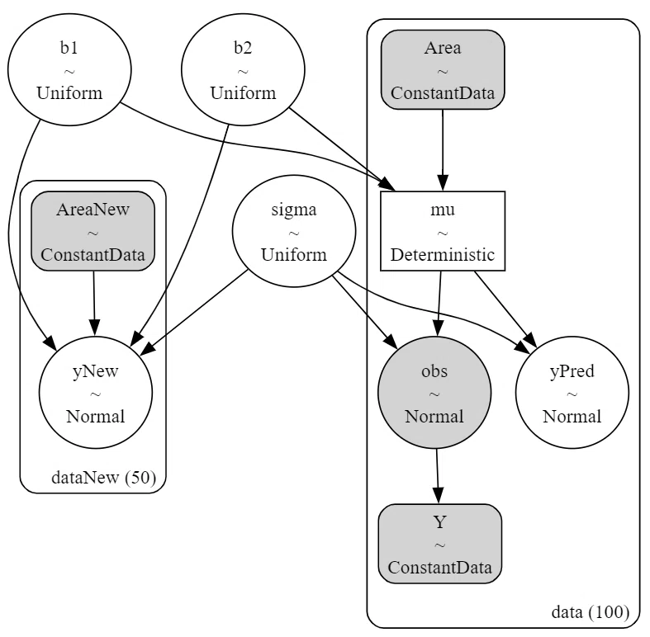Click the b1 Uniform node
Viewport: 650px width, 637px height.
(x=69, y=69)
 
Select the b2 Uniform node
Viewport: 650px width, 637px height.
(x=243, y=69)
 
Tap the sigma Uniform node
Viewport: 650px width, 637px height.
(x=294, y=231)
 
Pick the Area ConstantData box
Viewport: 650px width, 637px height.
(x=443, y=69)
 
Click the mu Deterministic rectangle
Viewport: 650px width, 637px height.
(x=443, y=231)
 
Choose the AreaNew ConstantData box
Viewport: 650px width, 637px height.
(x=93, y=231)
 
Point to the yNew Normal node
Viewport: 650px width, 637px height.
(x=96, y=392)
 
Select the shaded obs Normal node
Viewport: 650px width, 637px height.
(x=434, y=392)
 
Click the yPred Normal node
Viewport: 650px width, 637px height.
(x=572, y=392)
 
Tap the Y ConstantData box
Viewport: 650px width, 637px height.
(x=440, y=544)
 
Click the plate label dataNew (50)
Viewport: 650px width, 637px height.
(x=103, y=478)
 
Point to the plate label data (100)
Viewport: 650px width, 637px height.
(x=591, y=611)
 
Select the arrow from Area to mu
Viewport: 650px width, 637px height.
(x=443, y=150)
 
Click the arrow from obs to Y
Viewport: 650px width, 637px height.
(x=438, y=476)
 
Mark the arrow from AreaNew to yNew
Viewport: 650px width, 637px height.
(x=94, y=303)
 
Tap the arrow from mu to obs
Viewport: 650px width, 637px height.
(x=439, y=304)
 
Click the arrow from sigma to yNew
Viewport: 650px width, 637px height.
(x=194, y=312)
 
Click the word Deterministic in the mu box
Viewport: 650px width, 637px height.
(x=443, y=254)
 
